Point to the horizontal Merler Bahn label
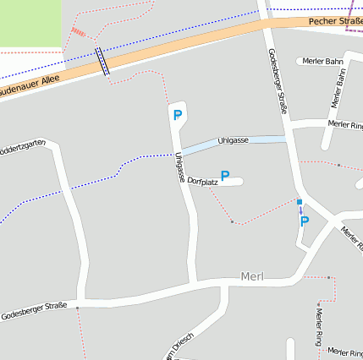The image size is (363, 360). click(x=322, y=62)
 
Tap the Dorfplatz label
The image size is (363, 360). click(x=203, y=182)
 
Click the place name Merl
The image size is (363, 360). click(x=253, y=276)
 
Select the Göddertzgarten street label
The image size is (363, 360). click(x=22, y=146)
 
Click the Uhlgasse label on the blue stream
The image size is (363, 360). click(x=233, y=139)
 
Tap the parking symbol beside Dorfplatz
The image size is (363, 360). click(x=225, y=175)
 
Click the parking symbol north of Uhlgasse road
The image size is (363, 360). click(x=177, y=115)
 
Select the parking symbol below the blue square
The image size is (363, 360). click(x=305, y=221)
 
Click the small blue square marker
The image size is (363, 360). click(x=299, y=201)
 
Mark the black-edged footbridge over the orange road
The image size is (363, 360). click(x=102, y=62)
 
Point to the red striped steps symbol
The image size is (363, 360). click(x=78, y=33)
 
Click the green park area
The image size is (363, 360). click(x=30, y=22)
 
